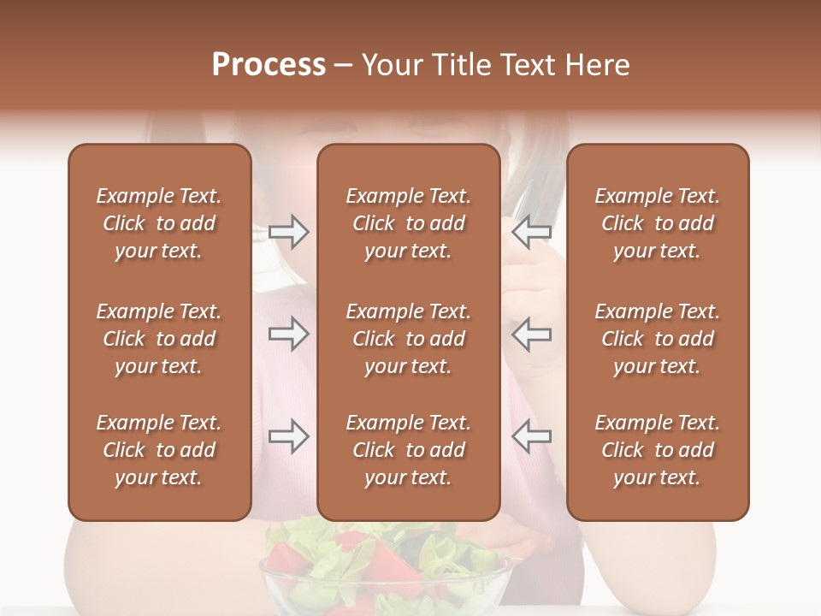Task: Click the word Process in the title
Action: click(x=269, y=65)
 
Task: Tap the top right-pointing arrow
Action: click(x=288, y=232)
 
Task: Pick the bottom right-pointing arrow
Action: click(x=288, y=436)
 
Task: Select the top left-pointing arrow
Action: click(x=531, y=232)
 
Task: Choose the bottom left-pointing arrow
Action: click(x=531, y=436)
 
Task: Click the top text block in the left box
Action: click(x=159, y=223)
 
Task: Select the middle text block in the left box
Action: click(x=159, y=339)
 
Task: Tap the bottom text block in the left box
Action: click(x=159, y=450)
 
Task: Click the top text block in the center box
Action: click(x=408, y=223)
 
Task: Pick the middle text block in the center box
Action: click(x=408, y=339)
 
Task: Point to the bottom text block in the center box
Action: click(x=408, y=450)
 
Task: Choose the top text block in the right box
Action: click(x=657, y=223)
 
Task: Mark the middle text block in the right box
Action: click(x=657, y=339)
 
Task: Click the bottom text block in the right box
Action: click(x=657, y=450)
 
